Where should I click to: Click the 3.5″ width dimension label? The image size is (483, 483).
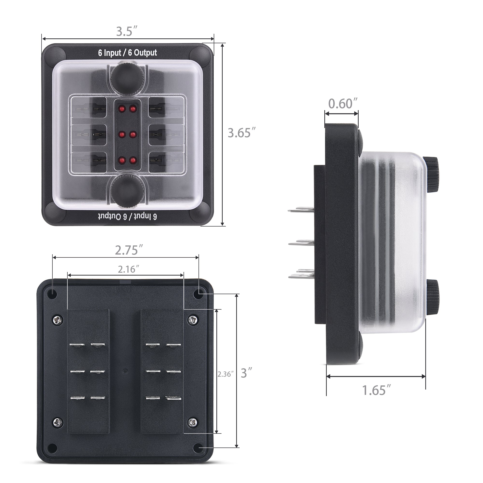[x=127, y=31]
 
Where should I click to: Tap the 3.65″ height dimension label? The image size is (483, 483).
[x=242, y=133]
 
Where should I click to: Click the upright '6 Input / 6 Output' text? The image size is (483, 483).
[x=128, y=53]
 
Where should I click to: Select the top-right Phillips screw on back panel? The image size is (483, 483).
[x=193, y=319]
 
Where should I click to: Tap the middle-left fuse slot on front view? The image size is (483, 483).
[x=89, y=135]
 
